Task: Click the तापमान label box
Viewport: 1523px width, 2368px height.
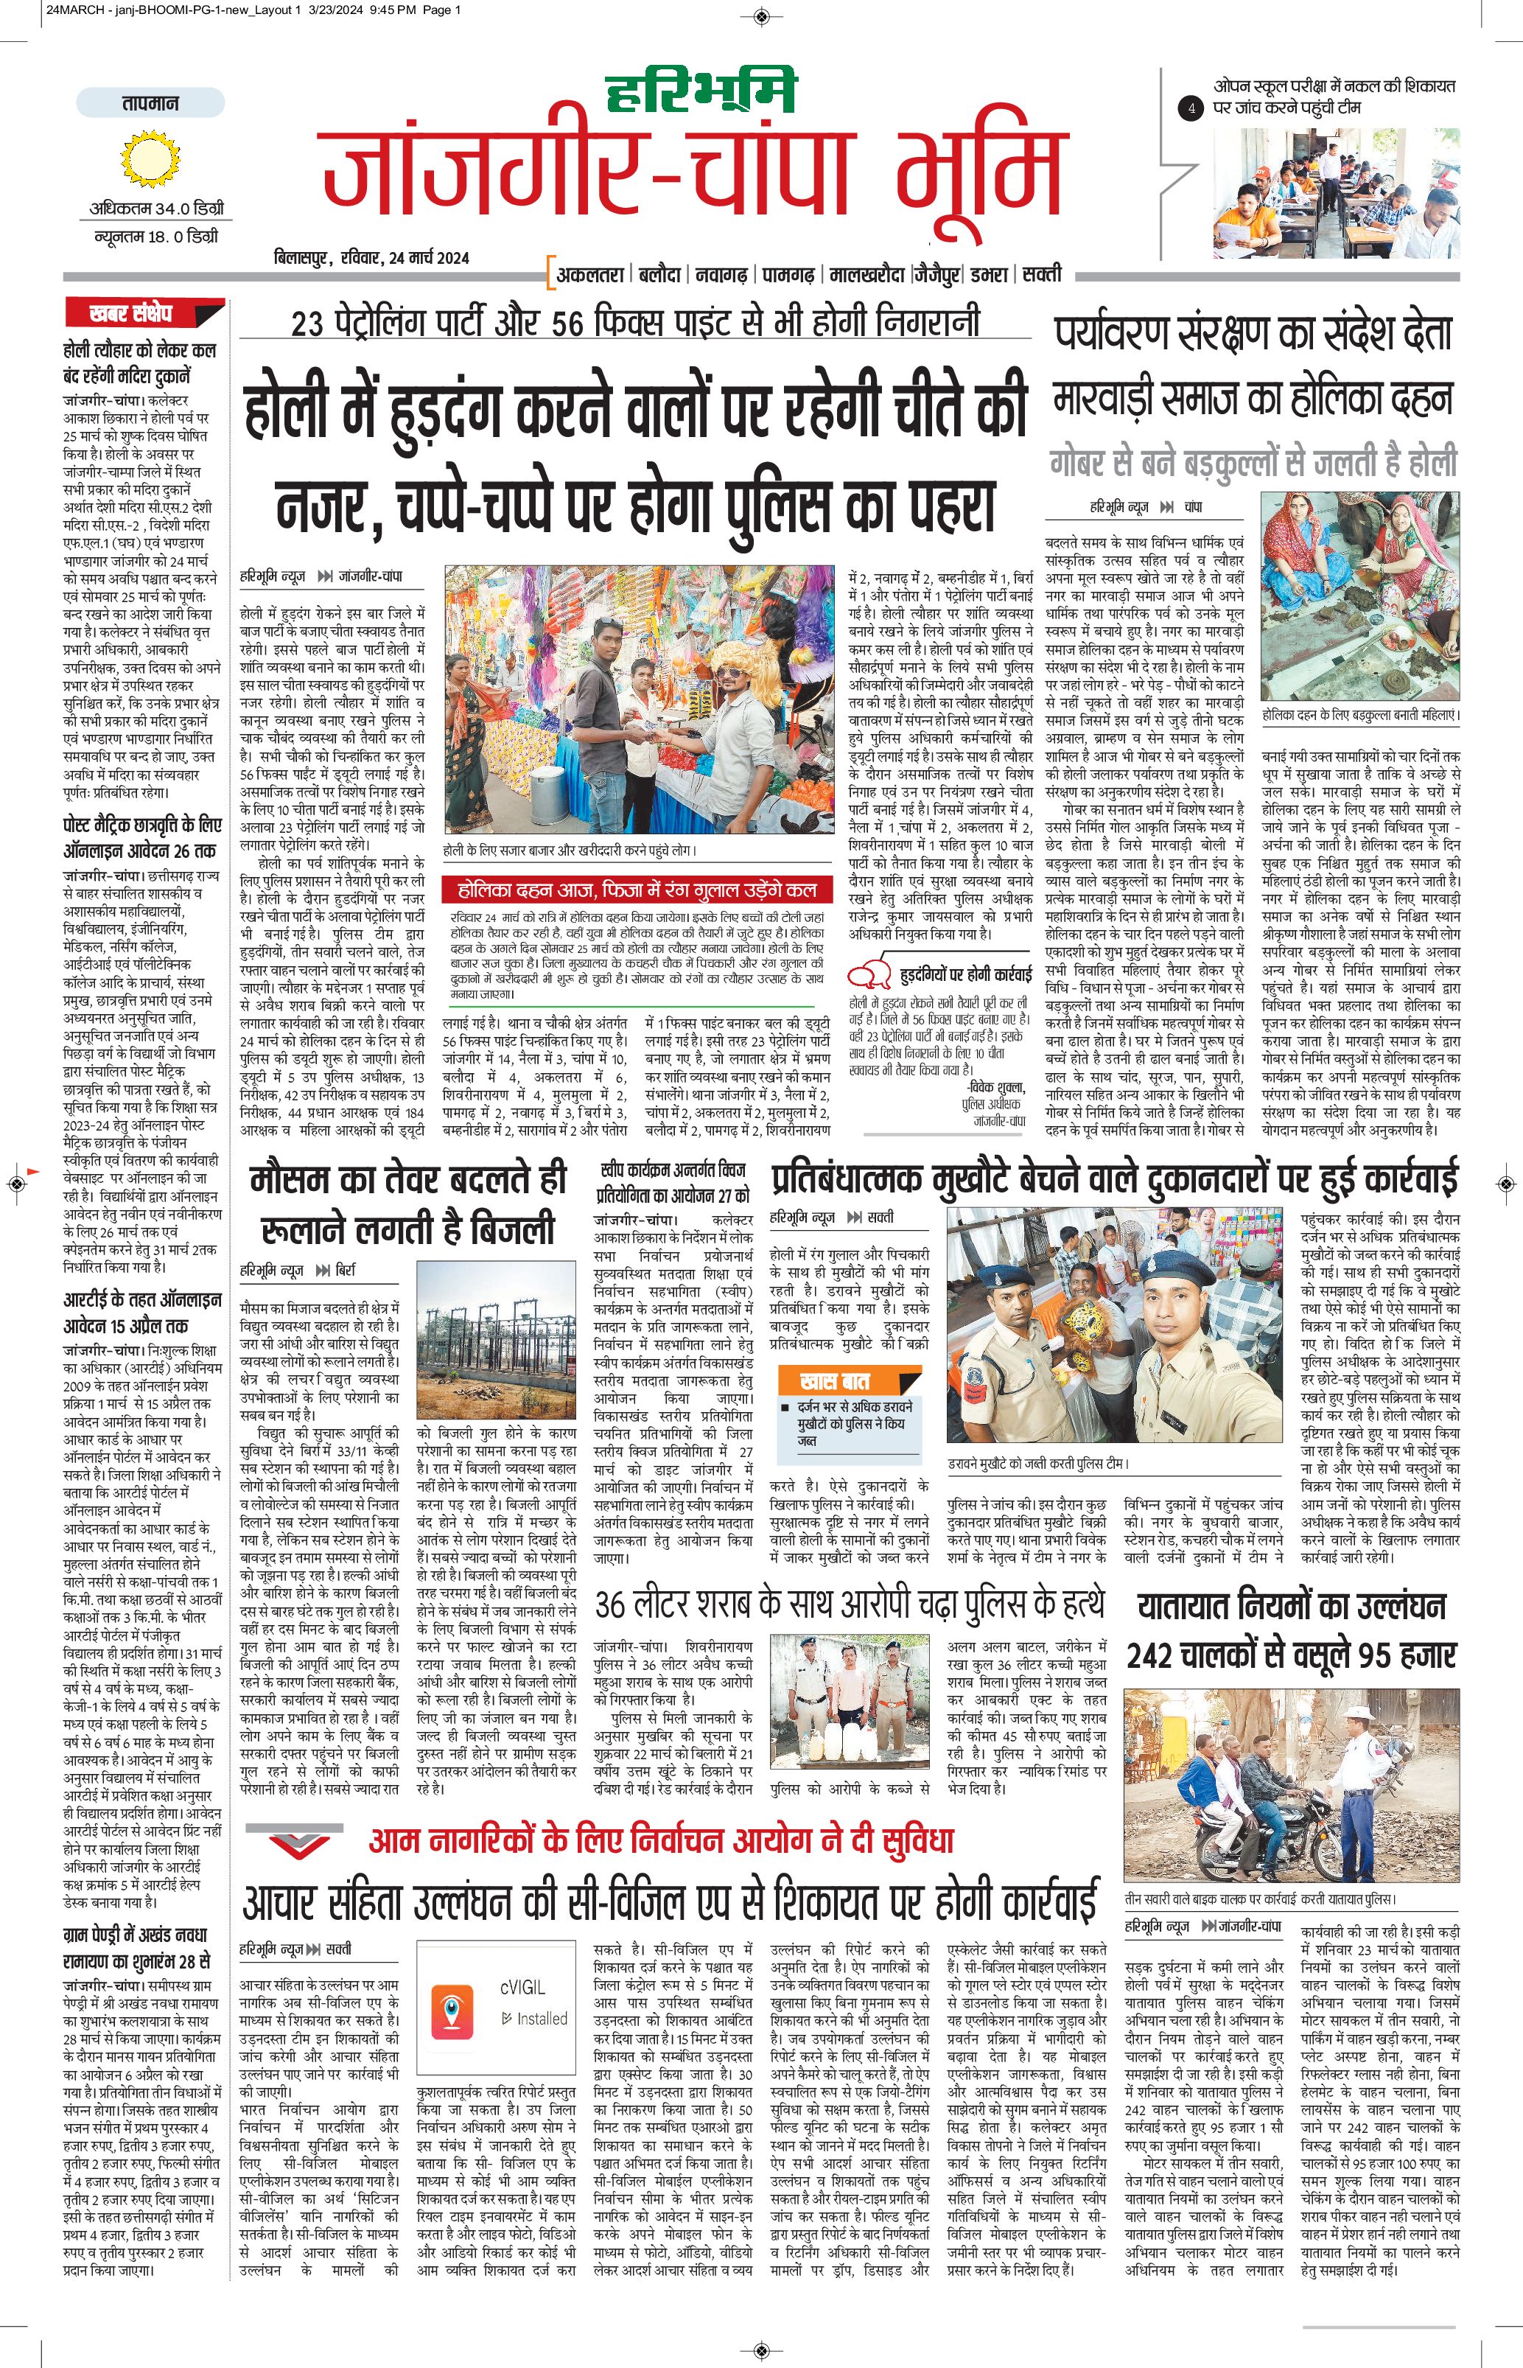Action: pyautogui.click(x=150, y=103)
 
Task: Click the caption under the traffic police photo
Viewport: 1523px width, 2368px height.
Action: pyautogui.click(x=1260, y=1899)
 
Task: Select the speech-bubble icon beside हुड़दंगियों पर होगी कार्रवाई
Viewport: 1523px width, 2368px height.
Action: pyautogui.click(x=870, y=974)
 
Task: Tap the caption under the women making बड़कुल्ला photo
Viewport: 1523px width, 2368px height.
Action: pyautogui.click(x=1360, y=714)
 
